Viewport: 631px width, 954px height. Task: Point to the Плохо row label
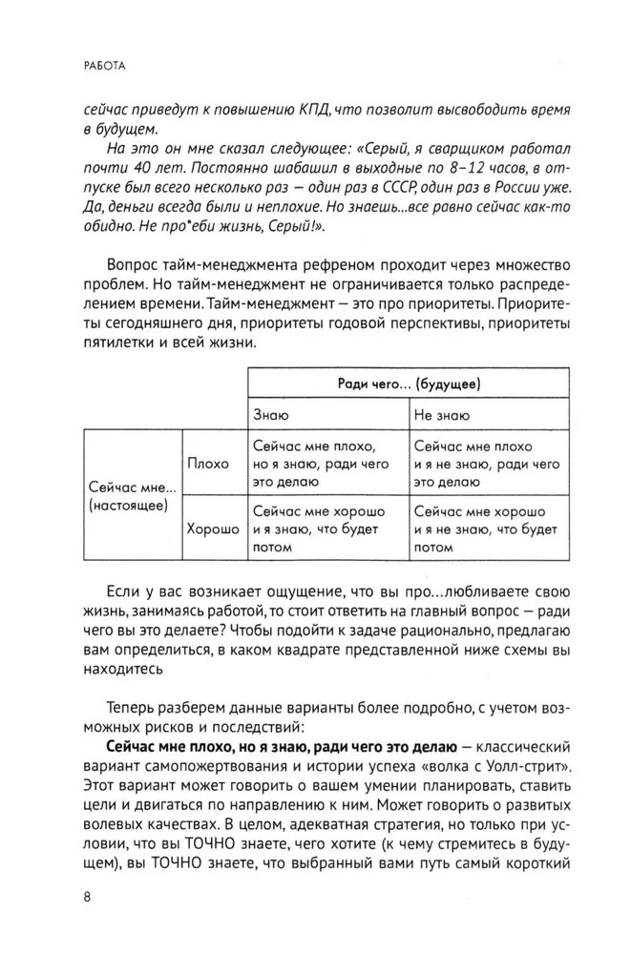point(209,464)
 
